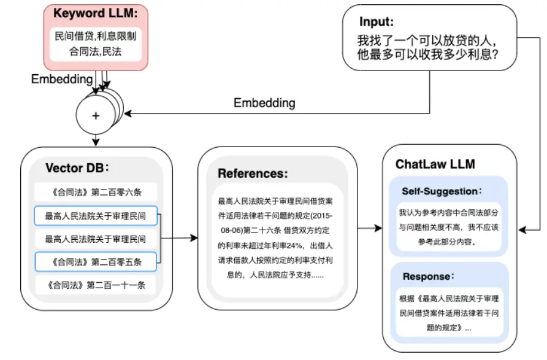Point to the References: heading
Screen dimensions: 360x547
point(253,174)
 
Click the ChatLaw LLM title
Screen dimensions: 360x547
point(433,164)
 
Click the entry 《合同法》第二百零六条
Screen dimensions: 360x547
point(96,191)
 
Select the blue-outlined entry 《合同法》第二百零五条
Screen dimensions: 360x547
point(96,262)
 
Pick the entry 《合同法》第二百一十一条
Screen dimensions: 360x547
point(96,285)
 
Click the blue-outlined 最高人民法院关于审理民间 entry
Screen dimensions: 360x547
point(96,215)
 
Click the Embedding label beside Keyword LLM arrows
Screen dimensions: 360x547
point(61,80)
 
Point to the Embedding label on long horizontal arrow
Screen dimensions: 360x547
point(264,103)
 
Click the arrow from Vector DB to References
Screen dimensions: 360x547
point(179,238)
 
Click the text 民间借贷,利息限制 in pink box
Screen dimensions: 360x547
point(95,36)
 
